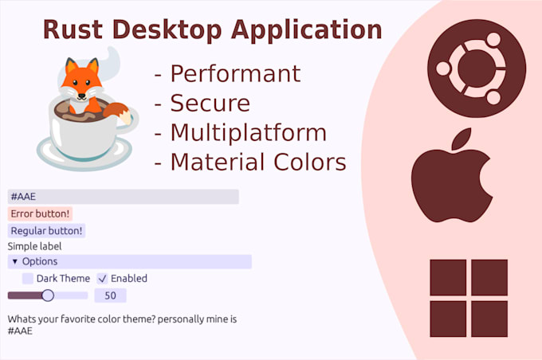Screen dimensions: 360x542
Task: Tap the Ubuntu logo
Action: click(x=477, y=64)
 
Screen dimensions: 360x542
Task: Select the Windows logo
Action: click(x=469, y=297)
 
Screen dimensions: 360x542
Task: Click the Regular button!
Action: click(x=47, y=231)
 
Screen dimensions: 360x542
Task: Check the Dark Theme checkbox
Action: click(x=28, y=279)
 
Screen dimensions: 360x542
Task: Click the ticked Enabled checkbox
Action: click(x=102, y=279)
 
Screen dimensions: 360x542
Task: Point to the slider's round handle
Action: click(x=47, y=295)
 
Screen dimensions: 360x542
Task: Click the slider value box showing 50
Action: click(x=110, y=295)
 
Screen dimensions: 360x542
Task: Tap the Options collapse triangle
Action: click(x=14, y=261)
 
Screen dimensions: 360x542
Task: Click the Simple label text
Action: click(x=34, y=246)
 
